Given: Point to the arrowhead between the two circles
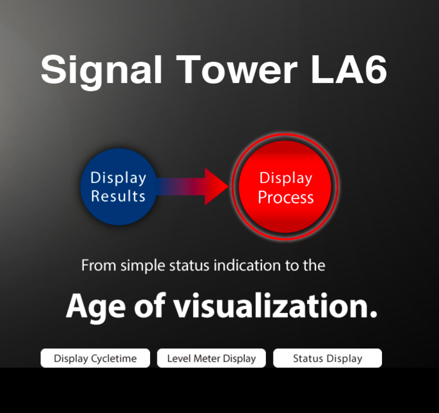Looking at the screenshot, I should pyautogui.click(x=216, y=187).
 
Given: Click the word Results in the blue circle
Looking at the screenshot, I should pyautogui.click(x=118, y=196).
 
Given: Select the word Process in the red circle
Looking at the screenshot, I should pyautogui.click(x=286, y=197).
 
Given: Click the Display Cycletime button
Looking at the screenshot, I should pyautogui.click(x=95, y=358).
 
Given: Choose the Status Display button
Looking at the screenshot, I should pyautogui.click(x=327, y=358).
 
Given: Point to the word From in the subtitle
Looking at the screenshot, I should pyautogui.click(x=98, y=265).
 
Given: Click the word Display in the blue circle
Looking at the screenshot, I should pyautogui.click(x=118, y=178).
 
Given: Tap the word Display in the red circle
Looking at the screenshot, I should pyautogui.click(x=286, y=178).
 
